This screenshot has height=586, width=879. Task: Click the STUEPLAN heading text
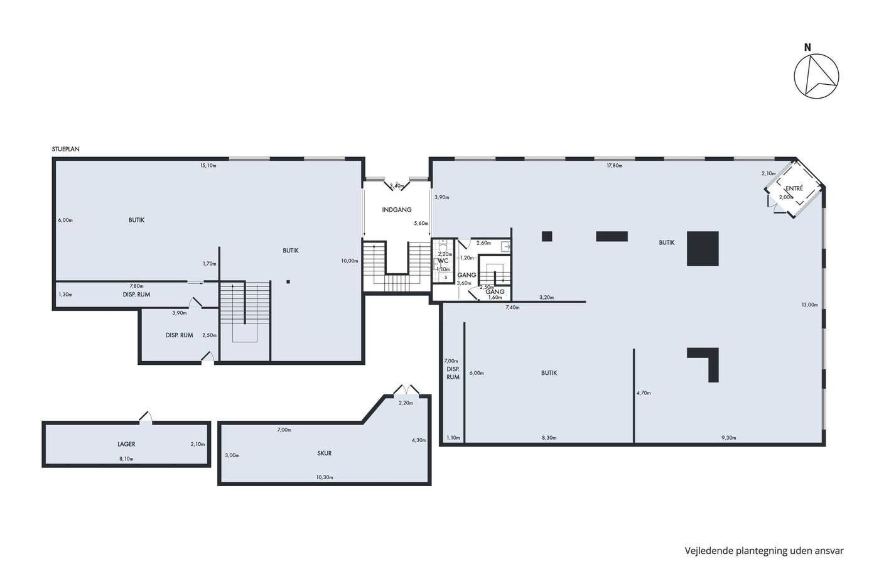(x=65, y=149)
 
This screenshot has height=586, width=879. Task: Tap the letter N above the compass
(x=807, y=48)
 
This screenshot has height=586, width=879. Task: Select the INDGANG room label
(x=397, y=210)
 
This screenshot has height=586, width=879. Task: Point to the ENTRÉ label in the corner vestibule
(x=794, y=188)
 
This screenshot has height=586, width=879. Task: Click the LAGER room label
(x=126, y=444)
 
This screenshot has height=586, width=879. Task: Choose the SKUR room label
(x=325, y=453)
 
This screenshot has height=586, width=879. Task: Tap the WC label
(x=443, y=261)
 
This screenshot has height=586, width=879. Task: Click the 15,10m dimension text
(x=208, y=166)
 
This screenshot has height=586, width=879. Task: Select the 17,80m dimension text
(x=615, y=166)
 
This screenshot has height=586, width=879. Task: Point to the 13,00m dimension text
(x=809, y=305)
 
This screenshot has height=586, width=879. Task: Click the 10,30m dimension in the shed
(x=325, y=477)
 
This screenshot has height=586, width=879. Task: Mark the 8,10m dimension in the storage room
(x=126, y=458)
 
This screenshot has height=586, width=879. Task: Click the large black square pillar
(x=703, y=249)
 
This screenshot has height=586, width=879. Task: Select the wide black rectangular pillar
(x=612, y=236)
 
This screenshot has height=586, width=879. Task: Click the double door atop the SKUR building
(x=407, y=390)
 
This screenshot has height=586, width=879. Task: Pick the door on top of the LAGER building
(x=146, y=417)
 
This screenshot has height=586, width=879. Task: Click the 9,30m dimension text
(x=729, y=438)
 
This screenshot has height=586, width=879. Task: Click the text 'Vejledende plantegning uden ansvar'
(x=764, y=551)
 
